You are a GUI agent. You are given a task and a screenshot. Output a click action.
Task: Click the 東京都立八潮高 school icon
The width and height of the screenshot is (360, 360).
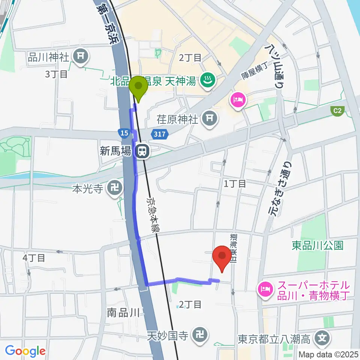pos(321,339)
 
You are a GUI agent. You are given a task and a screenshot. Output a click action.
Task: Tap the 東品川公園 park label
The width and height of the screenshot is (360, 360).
pos(318,246)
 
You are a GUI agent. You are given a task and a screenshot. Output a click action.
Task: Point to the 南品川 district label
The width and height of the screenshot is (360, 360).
pos(123,312)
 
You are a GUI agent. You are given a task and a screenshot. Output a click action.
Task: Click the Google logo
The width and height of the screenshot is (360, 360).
pos(25,351)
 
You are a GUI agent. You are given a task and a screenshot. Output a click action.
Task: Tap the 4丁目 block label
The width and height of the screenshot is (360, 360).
pos(34,258)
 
